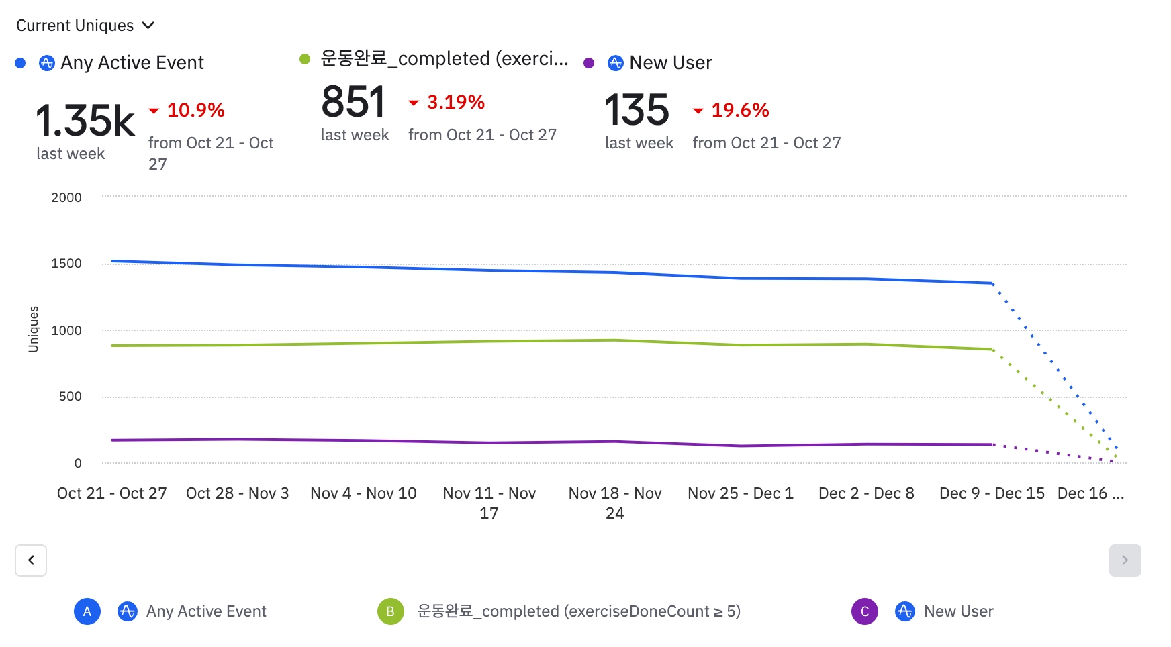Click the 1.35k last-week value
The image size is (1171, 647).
click(x=85, y=121)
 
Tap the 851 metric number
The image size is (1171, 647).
click(x=353, y=102)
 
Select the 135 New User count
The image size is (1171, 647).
click(x=637, y=110)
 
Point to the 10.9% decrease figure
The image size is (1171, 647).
click(x=195, y=110)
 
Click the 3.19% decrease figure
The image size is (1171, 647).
click(x=455, y=102)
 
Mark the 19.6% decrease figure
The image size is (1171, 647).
click(x=740, y=110)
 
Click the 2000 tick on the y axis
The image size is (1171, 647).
click(x=66, y=197)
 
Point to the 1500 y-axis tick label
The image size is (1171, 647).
click(x=66, y=263)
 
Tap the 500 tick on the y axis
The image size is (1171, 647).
click(x=70, y=396)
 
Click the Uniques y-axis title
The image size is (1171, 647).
click(x=34, y=329)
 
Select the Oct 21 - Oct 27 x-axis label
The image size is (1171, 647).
click(x=111, y=493)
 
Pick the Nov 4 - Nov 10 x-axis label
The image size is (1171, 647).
click(x=363, y=493)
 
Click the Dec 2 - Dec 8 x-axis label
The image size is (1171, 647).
click(x=866, y=493)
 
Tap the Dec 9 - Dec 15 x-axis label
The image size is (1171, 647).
click(x=992, y=493)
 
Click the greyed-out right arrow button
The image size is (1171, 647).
click(x=1125, y=560)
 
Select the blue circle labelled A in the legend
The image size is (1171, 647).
click(x=87, y=611)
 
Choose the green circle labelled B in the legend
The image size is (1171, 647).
click(x=390, y=611)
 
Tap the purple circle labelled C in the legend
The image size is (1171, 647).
click(x=864, y=611)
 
